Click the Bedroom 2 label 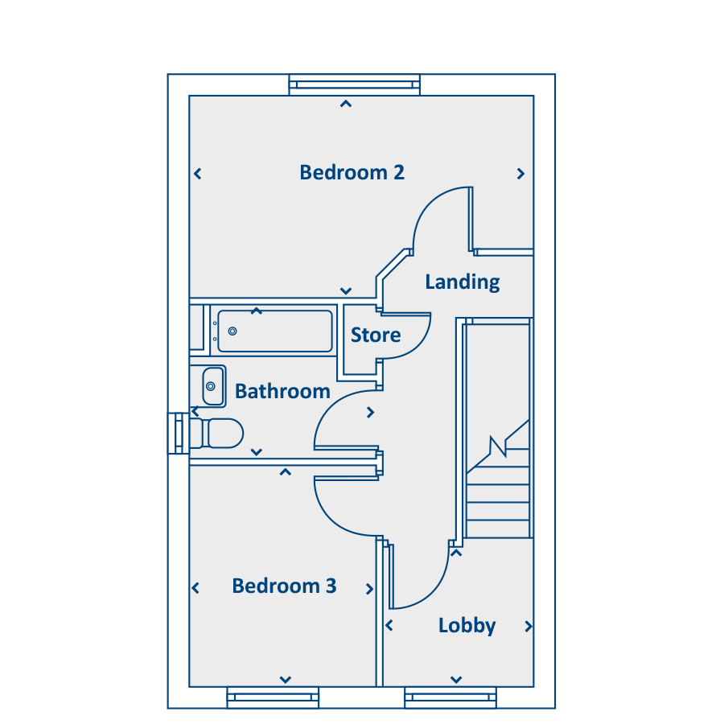(x=352, y=173)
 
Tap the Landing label (x=463, y=282)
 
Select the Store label (x=376, y=335)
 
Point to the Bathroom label (x=282, y=392)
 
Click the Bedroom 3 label (x=284, y=586)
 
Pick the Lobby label (x=467, y=626)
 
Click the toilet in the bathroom (x=216, y=434)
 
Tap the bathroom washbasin (x=213, y=386)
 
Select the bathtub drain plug (x=232, y=331)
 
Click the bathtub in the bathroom (x=275, y=331)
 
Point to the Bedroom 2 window (x=355, y=85)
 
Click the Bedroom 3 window (x=273, y=697)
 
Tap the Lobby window (x=450, y=697)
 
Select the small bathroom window (x=179, y=434)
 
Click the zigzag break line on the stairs (x=498, y=446)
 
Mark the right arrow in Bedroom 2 (x=520, y=174)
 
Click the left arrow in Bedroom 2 (x=198, y=174)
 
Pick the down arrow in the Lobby (x=456, y=680)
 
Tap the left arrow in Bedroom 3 (x=195, y=588)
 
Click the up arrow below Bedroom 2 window (x=346, y=104)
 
